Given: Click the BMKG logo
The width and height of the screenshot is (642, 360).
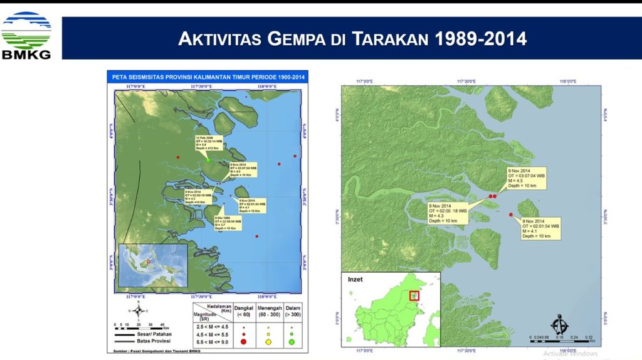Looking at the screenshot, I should click(26, 35).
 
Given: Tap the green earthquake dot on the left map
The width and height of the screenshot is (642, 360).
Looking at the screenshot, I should click(208, 160).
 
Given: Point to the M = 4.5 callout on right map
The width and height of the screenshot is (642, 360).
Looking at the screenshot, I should click(527, 178).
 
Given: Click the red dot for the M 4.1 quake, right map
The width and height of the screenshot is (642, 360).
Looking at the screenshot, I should click(512, 215).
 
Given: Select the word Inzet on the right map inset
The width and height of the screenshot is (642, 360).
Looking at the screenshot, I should click(355, 279).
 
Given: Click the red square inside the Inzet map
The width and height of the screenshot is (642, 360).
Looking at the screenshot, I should click(413, 295).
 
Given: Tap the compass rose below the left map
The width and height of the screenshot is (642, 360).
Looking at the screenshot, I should click(139, 310).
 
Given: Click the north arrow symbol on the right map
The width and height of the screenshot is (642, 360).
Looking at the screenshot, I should click(559, 326).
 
